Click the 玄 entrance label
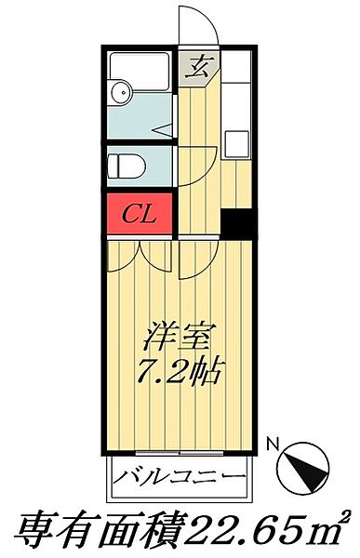[x=198, y=67]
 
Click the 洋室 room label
[x=179, y=332]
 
